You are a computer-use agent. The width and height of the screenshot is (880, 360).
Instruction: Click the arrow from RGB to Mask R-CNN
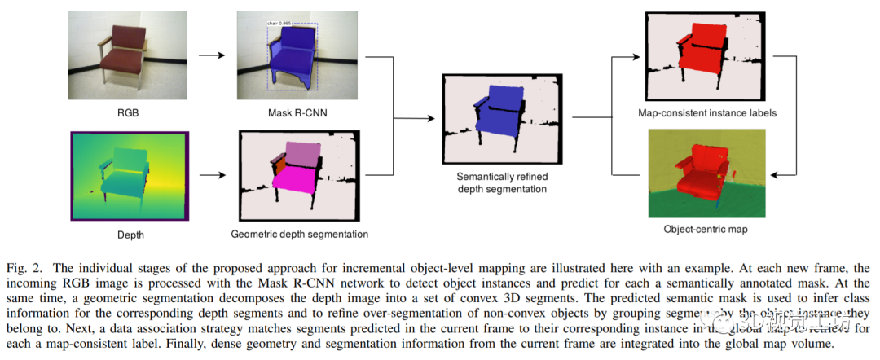pyautogui.click(x=210, y=55)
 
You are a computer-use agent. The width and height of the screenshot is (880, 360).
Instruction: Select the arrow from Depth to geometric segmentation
pyautogui.click(x=210, y=174)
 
